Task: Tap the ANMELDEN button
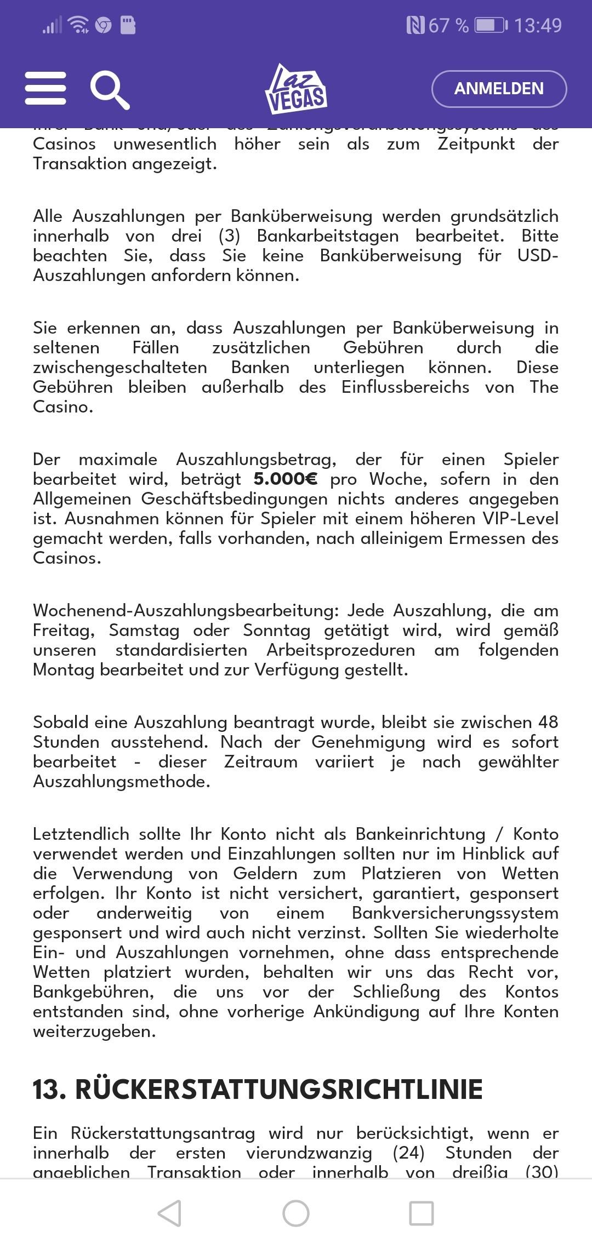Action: coord(499,89)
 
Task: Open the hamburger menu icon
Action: coord(45,88)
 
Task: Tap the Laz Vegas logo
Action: coord(296,89)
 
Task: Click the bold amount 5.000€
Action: coord(285,479)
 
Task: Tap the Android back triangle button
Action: coord(169,1213)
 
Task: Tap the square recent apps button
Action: coord(422,1213)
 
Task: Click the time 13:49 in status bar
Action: coord(538,26)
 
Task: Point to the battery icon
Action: coord(491,26)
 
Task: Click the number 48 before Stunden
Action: coord(548,723)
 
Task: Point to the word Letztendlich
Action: coord(81,834)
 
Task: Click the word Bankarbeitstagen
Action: coord(328,236)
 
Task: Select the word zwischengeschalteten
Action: coord(120,368)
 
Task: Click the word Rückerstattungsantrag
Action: coord(163,1133)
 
